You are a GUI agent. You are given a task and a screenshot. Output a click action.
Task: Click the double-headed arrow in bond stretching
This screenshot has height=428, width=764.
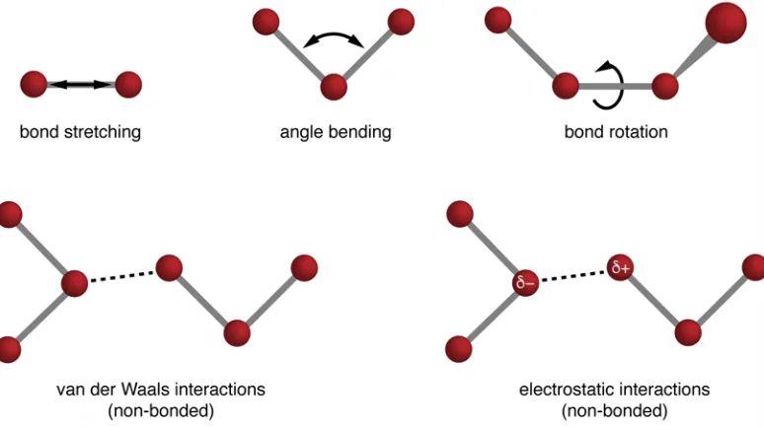pyautogui.click(x=81, y=84)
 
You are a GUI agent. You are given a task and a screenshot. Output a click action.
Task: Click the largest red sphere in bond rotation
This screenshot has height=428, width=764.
pyautogui.click(x=726, y=23)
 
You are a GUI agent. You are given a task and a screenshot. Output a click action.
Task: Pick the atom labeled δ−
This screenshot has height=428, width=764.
pyautogui.click(x=526, y=282)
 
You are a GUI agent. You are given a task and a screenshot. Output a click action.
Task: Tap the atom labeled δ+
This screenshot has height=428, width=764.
pyautogui.click(x=620, y=267)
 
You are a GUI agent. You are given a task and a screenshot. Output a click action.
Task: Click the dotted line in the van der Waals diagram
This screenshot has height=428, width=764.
pyautogui.click(x=122, y=275)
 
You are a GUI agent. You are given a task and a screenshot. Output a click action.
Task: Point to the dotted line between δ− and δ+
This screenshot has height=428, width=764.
pyautogui.click(x=573, y=275)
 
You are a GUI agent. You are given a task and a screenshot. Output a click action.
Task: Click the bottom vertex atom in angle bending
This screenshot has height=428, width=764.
pyautogui.click(x=334, y=87)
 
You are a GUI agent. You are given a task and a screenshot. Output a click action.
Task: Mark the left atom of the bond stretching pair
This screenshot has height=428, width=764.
pyautogui.click(x=34, y=84)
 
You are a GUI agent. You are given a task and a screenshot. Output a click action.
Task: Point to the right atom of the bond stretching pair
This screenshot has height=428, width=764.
pyautogui.click(x=128, y=84)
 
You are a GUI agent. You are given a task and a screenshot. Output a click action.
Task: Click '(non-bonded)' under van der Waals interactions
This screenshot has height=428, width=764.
pyautogui.click(x=161, y=411)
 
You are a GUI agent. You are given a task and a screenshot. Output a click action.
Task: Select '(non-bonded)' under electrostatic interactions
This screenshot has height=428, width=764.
pyautogui.click(x=614, y=411)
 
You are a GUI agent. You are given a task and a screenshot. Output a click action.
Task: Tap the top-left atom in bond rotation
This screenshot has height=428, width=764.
pyautogui.click(x=497, y=20)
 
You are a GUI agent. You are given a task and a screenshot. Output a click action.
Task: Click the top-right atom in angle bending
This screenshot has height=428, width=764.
pyautogui.click(x=401, y=22)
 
